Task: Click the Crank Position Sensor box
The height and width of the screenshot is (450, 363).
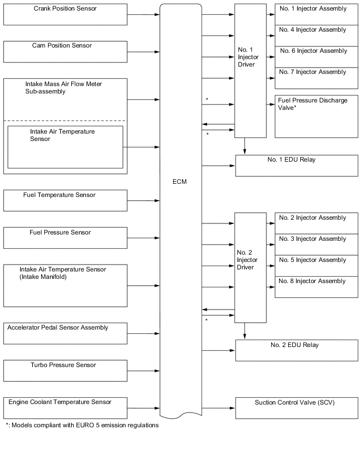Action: coord(65,14)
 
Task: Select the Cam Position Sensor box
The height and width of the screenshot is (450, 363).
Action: coord(65,52)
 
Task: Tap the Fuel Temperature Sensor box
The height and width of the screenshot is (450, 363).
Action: coord(65,201)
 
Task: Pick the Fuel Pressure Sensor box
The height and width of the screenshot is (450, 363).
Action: coord(65,238)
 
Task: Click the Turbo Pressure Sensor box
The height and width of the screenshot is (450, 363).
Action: coord(65,370)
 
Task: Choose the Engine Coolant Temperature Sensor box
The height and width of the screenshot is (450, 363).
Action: coord(65,408)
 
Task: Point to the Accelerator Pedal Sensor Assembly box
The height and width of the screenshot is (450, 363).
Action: coord(65,333)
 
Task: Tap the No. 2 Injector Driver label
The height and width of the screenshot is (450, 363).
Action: coord(247,260)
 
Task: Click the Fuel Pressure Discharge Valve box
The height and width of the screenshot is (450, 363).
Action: coord(316,116)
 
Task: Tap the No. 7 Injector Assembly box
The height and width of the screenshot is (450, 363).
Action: coord(316,77)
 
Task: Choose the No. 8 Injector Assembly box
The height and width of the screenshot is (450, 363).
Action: coord(316,287)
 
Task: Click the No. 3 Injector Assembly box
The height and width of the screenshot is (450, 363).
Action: coord(316,245)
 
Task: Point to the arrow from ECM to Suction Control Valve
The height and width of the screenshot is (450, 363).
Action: coord(218,408)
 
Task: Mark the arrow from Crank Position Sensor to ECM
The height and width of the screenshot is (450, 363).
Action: coord(144,14)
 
